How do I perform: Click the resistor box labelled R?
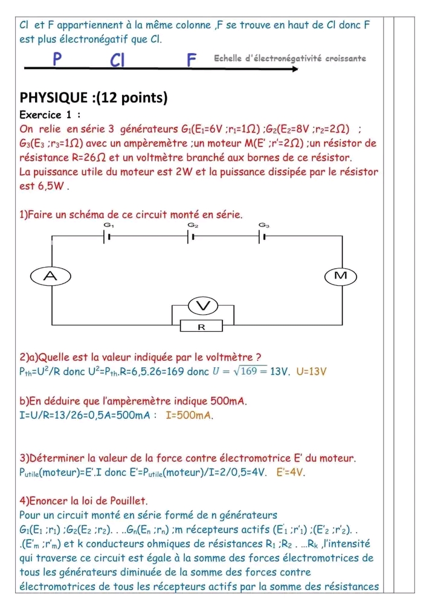click(x=202, y=327)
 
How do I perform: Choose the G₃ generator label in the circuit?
click(x=263, y=225)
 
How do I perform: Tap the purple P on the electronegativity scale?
click(x=57, y=59)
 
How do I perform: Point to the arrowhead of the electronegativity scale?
click(x=295, y=69)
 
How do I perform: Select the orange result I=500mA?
click(x=190, y=416)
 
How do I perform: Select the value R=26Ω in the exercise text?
click(x=90, y=157)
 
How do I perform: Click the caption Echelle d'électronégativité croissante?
click(x=289, y=59)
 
